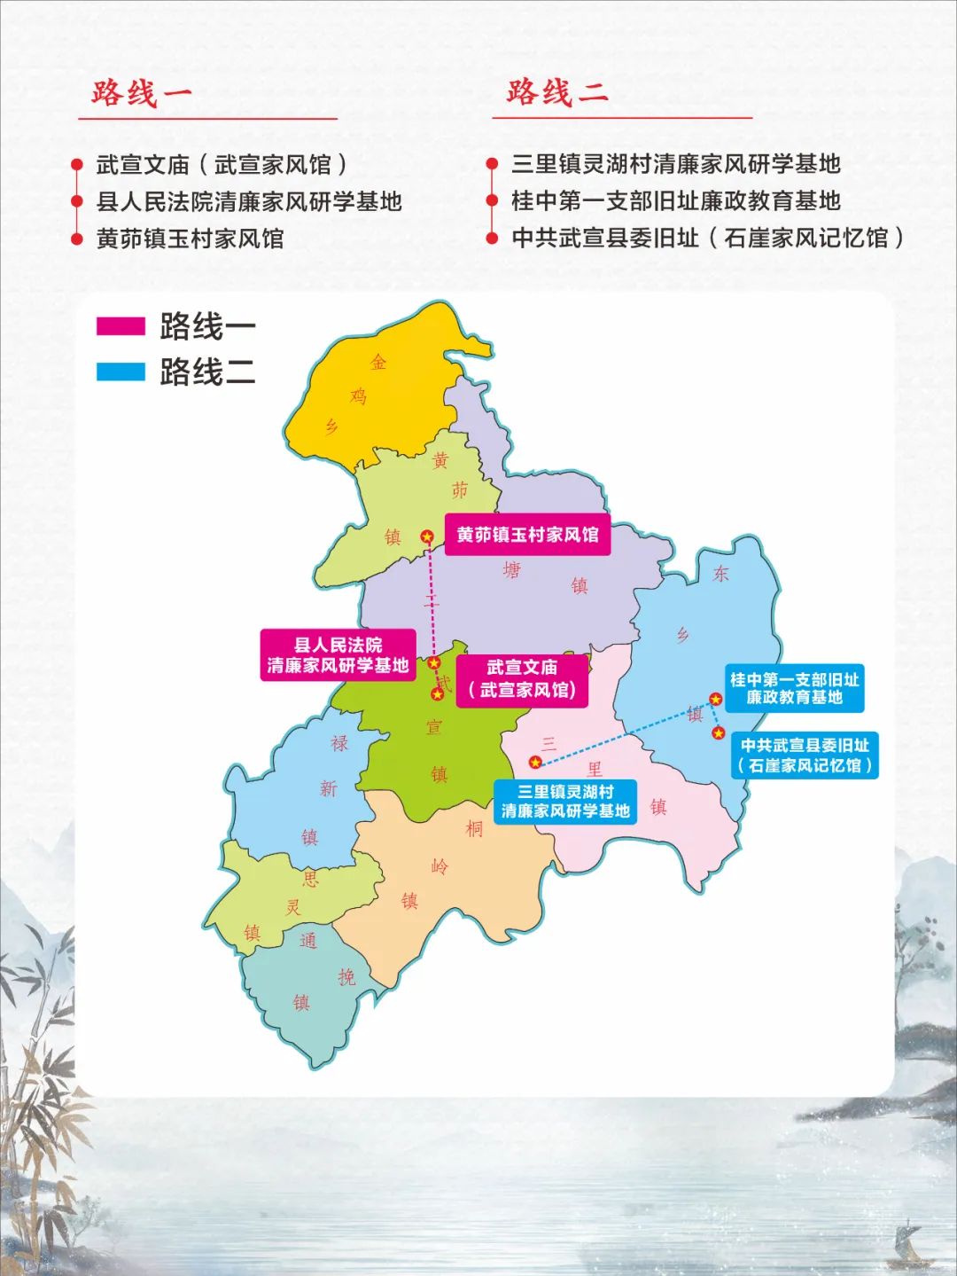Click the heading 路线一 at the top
[142, 93]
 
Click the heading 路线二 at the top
[557, 91]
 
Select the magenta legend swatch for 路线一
[121, 325]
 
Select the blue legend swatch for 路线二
[121, 372]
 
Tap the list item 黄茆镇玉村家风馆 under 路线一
[190, 239]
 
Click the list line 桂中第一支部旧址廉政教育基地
[675, 201]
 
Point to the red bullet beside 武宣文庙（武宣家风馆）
[77, 166]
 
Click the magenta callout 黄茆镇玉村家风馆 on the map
[527, 535]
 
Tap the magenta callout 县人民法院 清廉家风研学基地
[338, 655]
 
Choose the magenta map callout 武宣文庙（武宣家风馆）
[522, 678]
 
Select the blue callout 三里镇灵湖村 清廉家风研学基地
[565, 801]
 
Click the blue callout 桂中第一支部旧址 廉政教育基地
[794, 688]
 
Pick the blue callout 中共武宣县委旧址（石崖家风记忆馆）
[805, 755]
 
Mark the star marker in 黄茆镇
[427, 536]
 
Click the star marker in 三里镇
[535, 762]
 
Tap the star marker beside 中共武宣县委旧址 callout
[718, 733]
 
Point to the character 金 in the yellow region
[378, 362]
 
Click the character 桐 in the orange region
[474, 828]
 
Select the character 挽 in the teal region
[346, 976]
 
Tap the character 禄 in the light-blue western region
[339, 743]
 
